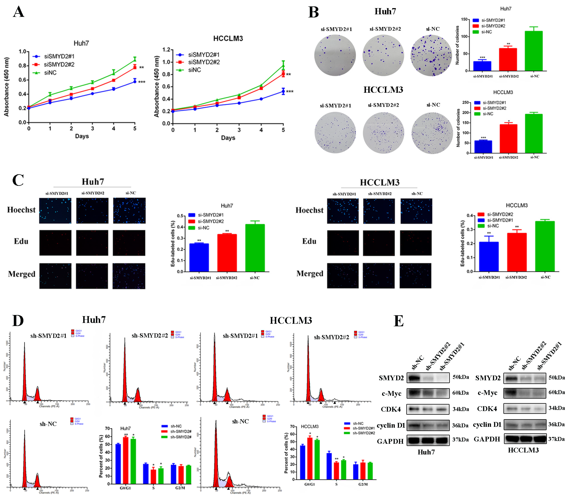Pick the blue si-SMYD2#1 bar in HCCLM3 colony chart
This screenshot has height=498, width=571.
(483, 147)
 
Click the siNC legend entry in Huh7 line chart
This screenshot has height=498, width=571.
(50, 73)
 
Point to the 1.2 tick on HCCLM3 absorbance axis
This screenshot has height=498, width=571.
(166, 50)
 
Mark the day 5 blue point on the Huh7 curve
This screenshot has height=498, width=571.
(135, 81)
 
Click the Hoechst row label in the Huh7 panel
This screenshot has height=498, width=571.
(21, 210)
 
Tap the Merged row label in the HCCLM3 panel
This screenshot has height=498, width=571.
(310, 274)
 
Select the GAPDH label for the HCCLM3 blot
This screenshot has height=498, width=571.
(487, 439)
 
